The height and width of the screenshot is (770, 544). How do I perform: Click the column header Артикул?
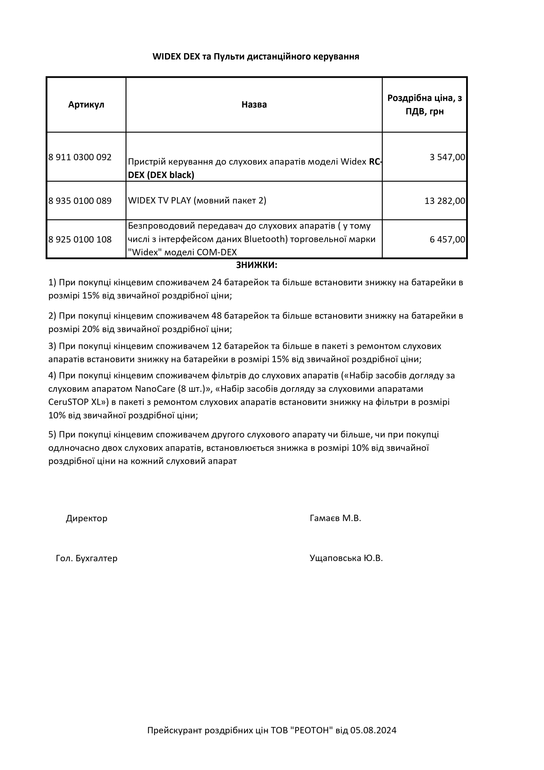pos(86,105)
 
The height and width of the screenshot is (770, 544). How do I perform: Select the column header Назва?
pos(254,105)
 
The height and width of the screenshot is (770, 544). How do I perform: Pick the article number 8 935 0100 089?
pos(80,201)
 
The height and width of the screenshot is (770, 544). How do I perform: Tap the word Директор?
pos(86,518)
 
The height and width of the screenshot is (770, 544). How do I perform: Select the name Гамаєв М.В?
pos(335,518)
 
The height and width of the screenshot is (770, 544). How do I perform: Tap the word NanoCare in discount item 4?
pos(155,389)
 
